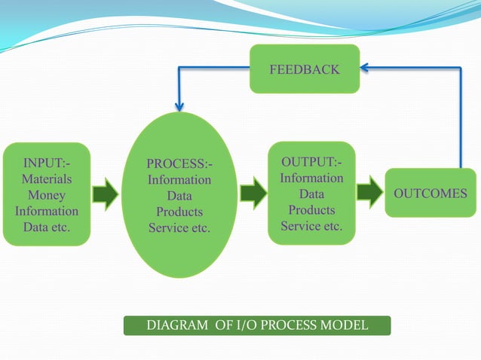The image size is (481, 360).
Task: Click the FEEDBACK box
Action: coord(305,70)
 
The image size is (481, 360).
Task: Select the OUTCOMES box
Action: coord(430,194)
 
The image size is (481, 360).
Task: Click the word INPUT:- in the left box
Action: coord(47,163)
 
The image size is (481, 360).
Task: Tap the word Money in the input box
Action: coord(47,195)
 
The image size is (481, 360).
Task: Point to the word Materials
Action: coord(47,179)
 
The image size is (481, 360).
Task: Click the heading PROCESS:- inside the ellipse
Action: coord(179,164)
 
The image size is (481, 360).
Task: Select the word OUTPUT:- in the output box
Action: coord(311,163)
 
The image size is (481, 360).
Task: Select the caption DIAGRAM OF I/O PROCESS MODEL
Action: coord(257,325)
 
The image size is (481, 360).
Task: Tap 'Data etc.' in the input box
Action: coord(47,227)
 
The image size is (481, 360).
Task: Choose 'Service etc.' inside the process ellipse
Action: coord(179,227)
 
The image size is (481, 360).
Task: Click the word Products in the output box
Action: coord(311,210)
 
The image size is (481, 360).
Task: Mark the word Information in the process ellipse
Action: coord(179,180)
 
